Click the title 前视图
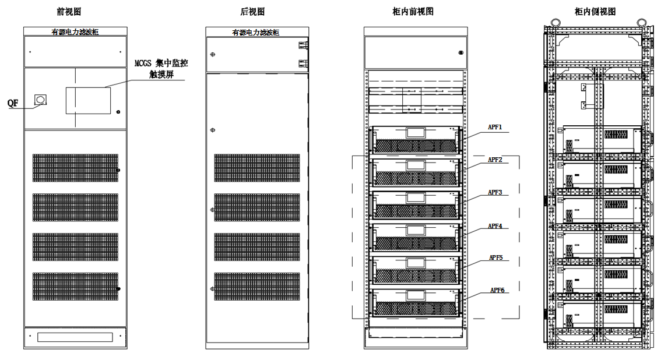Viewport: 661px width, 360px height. [x=74, y=11]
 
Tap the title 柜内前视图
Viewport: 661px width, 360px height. [x=413, y=11]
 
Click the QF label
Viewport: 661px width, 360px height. [x=13, y=103]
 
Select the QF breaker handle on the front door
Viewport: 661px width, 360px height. [x=40, y=100]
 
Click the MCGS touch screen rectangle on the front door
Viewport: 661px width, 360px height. [x=87, y=100]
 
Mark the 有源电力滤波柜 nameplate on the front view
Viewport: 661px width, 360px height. [x=75, y=31]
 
